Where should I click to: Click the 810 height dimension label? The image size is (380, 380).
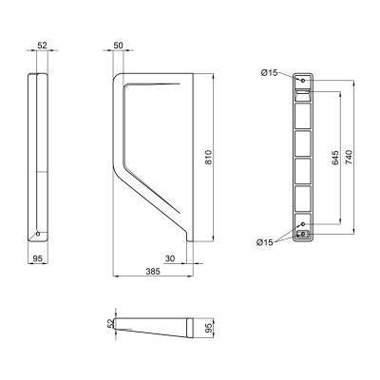208,162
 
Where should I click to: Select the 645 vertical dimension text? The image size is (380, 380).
335,157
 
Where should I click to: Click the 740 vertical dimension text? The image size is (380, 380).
352,157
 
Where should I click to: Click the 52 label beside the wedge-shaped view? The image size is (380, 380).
111,324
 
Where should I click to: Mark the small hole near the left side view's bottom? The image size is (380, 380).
37,234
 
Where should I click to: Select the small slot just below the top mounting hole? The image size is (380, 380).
303,93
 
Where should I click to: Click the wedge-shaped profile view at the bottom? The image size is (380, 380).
157,328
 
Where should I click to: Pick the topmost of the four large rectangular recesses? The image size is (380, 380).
303,115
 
